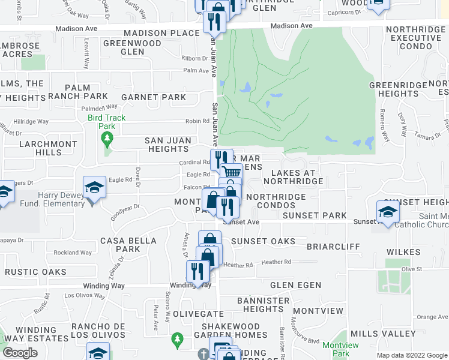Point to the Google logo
(x=20, y=353)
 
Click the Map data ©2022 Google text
(x=412, y=355)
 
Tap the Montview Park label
(x=340, y=349)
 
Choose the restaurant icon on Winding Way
(x=197, y=272)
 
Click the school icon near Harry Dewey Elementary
(x=95, y=188)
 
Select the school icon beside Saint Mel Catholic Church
(x=388, y=212)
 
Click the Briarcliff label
(x=333, y=247)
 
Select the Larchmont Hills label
(x=48, y=149)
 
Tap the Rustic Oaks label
(x=35, y=272)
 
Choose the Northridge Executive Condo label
(x=418, y=38)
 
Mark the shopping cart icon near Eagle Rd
(x=231, y=173)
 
